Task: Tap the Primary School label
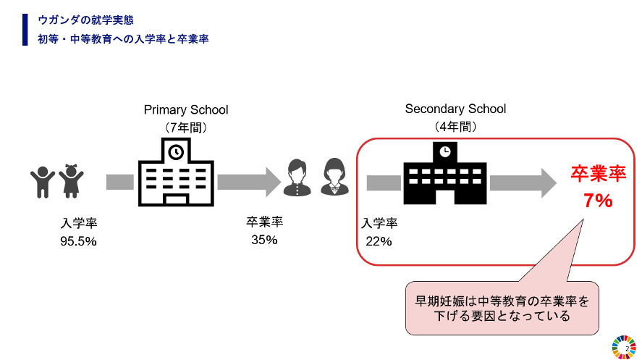tap(185, 110)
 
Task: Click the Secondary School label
tap(455, 109)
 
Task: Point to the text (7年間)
tap(186, 127)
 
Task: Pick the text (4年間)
tap(455, 126)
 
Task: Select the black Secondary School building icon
tap(444, 174)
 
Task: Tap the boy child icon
tap(43, 182)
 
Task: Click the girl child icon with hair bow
tap(71, 181)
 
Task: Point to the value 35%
tap(264, 240)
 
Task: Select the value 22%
tap(379, 241)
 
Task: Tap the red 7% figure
tap(598, 201)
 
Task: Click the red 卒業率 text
tap(598, 174)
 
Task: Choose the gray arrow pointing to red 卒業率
tap(523, 182)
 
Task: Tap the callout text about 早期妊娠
tap(502, 308)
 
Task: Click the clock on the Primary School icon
tap(176, 152)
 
